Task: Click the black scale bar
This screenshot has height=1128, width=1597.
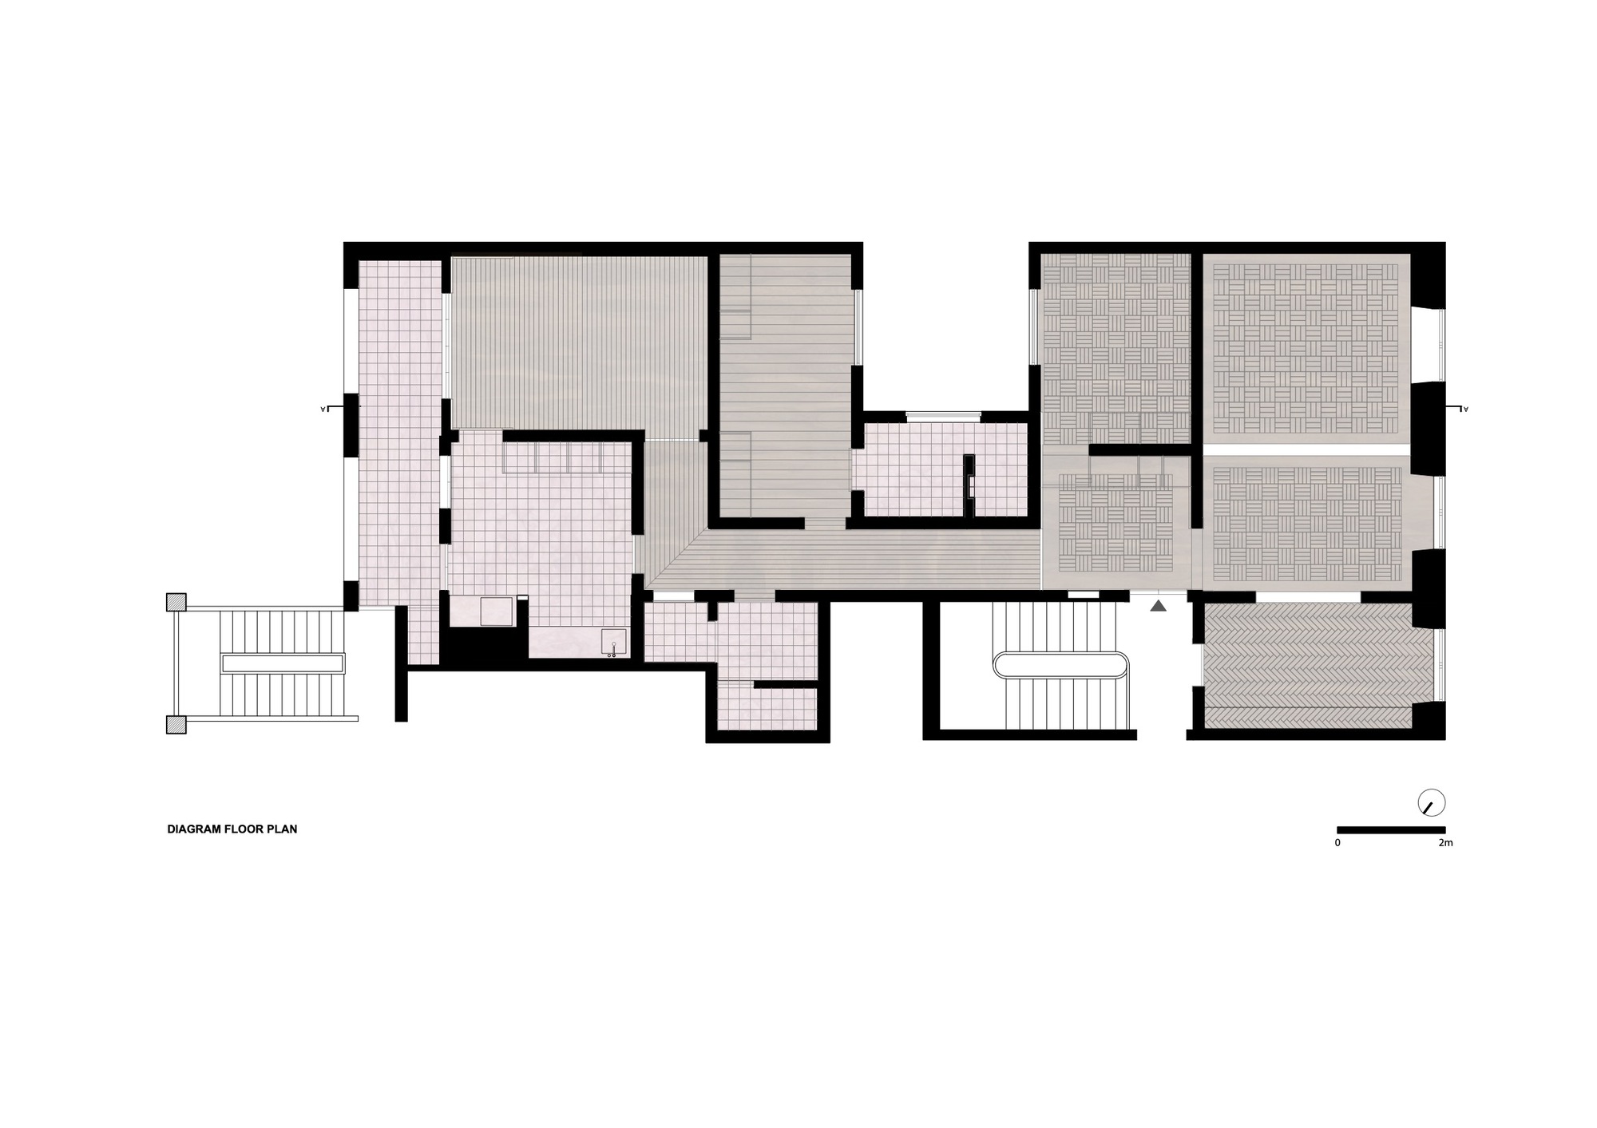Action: click(1391, 830)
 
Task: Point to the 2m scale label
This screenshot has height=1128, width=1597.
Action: click(1445, 843)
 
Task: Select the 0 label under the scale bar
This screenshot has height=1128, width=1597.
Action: click(1337, 843)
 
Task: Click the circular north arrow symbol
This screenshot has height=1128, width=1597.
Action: click(1432, 803)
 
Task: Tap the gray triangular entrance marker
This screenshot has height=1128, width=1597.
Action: click(1159, 606)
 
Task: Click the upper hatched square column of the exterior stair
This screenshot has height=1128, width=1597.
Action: click(176, 602)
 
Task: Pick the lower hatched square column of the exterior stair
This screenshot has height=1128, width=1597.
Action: click(176, 724)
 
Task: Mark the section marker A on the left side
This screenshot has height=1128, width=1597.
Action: click(323, 409)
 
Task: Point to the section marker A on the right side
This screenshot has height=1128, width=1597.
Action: click(1465, 409)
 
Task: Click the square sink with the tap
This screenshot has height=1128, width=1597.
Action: click(613, 640)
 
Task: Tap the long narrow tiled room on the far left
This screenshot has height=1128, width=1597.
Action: click(399, 431)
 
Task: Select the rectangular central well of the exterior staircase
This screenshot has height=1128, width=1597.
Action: click(283, 663)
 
